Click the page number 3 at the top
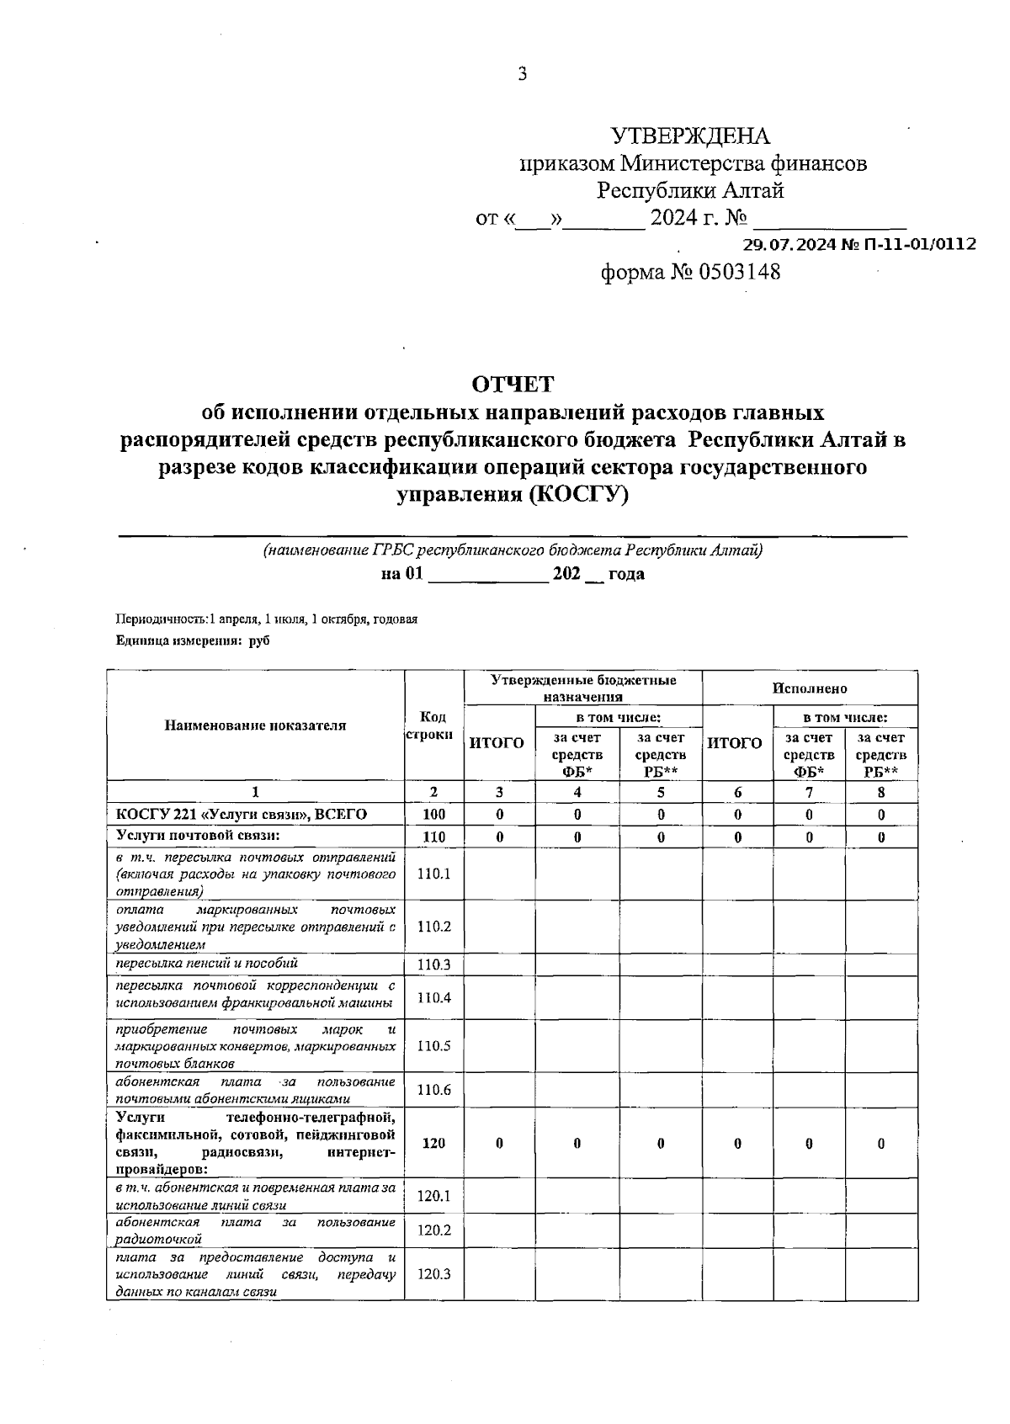(522, 75)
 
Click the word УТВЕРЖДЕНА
(689, 136)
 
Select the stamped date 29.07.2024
(789, 245)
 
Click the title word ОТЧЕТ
(513, 385)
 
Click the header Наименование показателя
(255, 725)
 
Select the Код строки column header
(433, 725)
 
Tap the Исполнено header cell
(810, 688)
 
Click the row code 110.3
(433, 964)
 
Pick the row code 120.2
(433, 1230)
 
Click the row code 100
(433, 815)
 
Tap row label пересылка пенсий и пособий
(207, 964)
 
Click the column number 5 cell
(661, 792)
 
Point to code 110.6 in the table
(433, 1090)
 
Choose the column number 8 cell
(880, 792)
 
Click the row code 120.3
(433, 1274)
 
